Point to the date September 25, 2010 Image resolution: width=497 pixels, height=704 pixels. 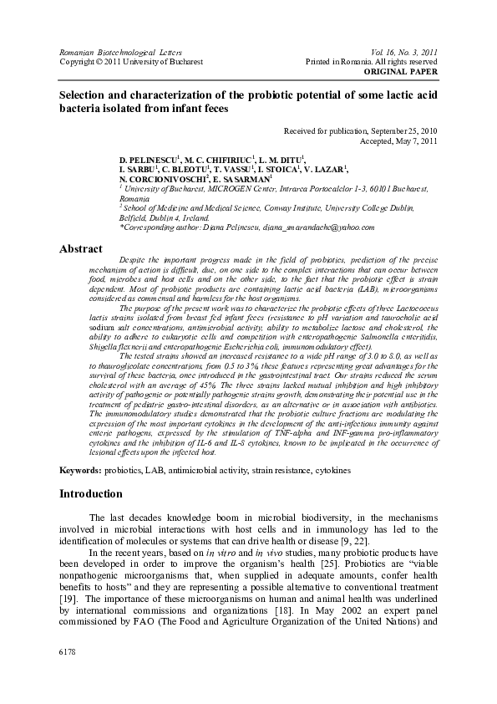(x=404, y=131)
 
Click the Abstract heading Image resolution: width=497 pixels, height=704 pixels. (x=81, y=248)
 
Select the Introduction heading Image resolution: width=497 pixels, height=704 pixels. (x=90, y=493)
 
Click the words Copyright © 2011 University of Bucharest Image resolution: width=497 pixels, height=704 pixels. (x=131, y=62)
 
